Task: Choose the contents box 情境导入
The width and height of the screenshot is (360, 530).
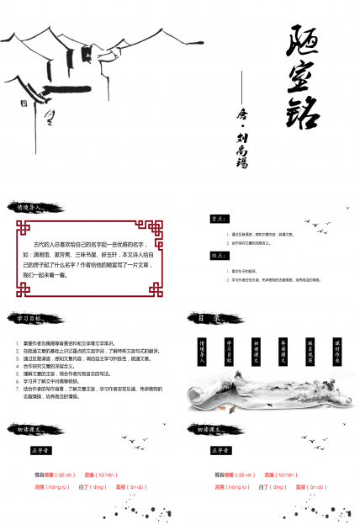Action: (x=202, y=349)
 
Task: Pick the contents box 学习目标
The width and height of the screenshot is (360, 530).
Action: (x=229, y=349)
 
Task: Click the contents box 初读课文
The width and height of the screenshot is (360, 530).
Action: (x=256, y=349)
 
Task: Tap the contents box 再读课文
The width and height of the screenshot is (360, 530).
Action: (x=283, y=349)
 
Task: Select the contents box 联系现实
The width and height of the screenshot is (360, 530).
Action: (x=310, y=349)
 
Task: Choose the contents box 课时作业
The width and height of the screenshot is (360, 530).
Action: (x=336, y=349)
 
